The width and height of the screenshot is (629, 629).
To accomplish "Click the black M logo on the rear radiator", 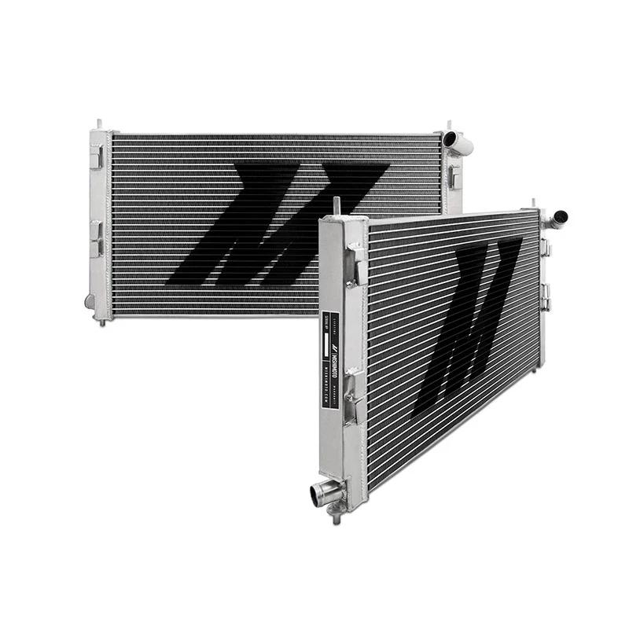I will [259, 224].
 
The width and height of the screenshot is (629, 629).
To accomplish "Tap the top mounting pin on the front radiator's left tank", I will [336, 204].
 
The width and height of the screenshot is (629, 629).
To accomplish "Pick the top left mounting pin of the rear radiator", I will [99, 125].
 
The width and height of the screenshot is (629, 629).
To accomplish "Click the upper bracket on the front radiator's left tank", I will [356, 259].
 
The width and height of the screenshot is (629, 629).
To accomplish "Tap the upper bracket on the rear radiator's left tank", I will [96, 158].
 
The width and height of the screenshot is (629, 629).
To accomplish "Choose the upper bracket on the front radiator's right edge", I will [546, 248].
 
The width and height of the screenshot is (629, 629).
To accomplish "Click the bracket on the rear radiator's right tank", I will [454, 175].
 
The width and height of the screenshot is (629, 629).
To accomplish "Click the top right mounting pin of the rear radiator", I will [449, 126].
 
